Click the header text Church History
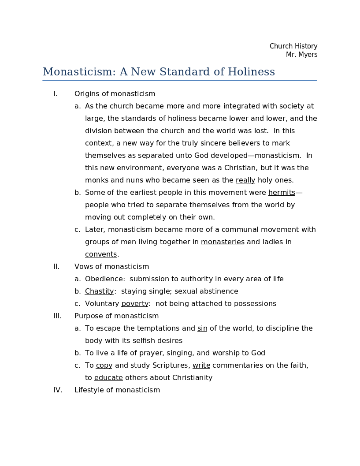tap(293, 46)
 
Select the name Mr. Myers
tap(301, 55)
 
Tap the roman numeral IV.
tap(58, 390)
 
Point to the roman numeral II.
tap(56, 267)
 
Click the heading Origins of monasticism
tap(115, 94)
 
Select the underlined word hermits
tap(282, 193)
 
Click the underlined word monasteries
tap(223, 242)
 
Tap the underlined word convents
tap(101, 254)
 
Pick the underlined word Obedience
tap(104, 279)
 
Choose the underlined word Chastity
tap(99, 291)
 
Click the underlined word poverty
tap(135, 304)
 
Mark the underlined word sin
tap(202, 328)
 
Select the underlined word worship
tap(226, 353)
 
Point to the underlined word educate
tap(108, 378)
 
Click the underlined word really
tap(245, 180)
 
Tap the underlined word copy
tap(104, 365)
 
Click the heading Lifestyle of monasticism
tap(117, 390)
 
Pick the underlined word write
tap(201, 365)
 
